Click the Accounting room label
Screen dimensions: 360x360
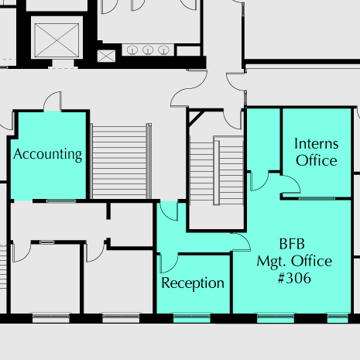click(48, 155)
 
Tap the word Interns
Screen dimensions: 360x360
click(317, 143)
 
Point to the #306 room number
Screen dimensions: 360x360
click(294, 278)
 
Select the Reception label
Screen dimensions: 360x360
click(193, 283)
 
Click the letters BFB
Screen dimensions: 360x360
click(292, 244)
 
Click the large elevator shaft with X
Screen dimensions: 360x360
click(57, 40)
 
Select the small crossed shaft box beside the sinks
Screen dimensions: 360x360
click(106, 56)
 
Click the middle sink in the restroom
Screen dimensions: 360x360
click(148, 50)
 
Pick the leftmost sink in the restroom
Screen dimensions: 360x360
click(132, 50)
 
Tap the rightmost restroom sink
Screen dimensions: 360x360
click(163, 50)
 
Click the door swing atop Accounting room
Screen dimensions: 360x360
click(53, 101)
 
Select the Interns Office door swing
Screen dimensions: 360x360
click(291, 184)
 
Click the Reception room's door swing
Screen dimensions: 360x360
click(169, 263)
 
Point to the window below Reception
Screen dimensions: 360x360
click(191, 318)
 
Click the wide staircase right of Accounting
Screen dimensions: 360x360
click(121, 162)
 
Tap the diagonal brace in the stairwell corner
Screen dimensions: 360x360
click(197, 119)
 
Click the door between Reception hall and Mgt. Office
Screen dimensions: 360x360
click(242, 242)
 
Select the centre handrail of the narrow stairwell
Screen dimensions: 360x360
click(217, 173)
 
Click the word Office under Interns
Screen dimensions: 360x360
click(317, 160)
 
